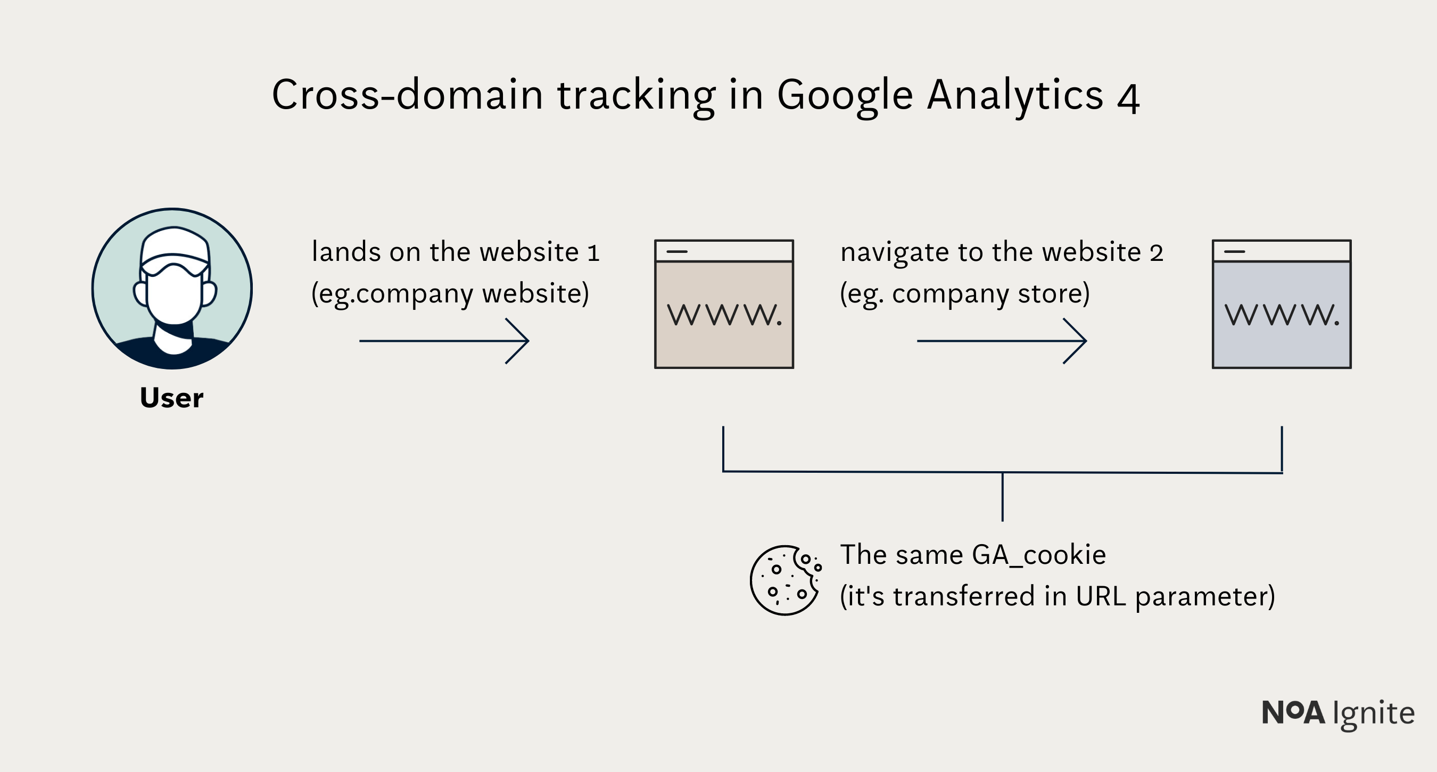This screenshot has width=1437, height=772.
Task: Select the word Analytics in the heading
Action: (1015, 95)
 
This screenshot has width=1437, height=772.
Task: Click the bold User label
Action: (171, 398)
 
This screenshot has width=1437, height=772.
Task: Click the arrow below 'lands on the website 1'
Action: (444, 341)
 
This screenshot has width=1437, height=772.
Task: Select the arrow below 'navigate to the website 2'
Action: (1002, 341)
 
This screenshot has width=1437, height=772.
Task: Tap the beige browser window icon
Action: (724, 304)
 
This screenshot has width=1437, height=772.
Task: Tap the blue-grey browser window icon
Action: (1282, 304)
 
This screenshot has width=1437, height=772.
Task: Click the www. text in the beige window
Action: (724, 315)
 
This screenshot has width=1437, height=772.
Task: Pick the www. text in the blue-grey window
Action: (1282, 315)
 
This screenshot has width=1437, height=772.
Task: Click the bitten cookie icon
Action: (785, 580)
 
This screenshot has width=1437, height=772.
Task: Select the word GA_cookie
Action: (1038, 555)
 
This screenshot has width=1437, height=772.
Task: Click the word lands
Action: (345, 252)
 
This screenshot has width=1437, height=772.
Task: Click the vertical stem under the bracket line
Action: (1003, 497)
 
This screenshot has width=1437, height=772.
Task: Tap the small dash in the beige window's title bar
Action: (676, 252)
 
